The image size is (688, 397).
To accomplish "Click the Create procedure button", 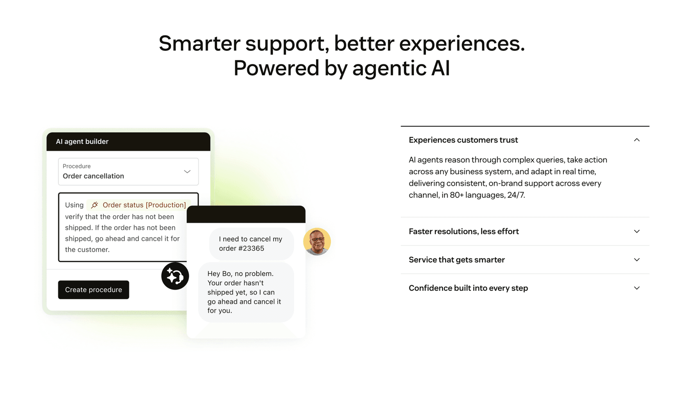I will [93, 290].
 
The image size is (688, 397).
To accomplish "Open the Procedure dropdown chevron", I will [187, 172].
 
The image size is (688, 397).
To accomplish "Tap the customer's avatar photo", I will [317, 242].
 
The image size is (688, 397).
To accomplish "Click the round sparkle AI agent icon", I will [175, 276].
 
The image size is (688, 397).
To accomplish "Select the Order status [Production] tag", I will [144, 205].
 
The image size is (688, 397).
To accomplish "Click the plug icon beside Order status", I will [95, 205].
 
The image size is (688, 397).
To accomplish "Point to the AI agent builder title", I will [82, 142].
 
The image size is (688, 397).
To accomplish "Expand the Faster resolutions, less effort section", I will [464, 231].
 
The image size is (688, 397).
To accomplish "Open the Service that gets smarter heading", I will [457, 260].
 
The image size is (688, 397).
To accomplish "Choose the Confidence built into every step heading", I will [468, 288].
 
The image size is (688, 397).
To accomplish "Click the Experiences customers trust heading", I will [463, 140].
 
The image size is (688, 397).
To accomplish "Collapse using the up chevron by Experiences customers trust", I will [636, 140].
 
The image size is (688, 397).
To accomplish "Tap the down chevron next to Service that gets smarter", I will [636, 260].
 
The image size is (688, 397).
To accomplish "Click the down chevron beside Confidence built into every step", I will [636, 288].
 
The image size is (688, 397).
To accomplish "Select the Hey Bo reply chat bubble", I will [246, 292].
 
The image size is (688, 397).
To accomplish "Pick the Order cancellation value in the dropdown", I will [93, 176].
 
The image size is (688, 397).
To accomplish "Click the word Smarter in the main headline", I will [199, 43].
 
